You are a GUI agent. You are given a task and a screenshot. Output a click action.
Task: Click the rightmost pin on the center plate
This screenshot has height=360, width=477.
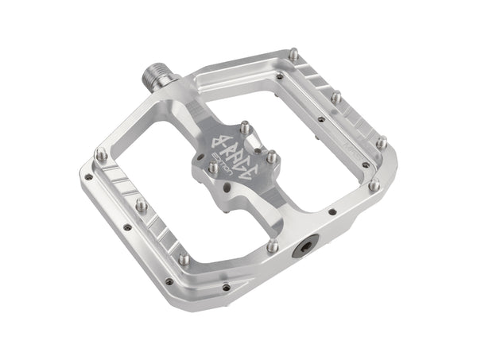[x=271, y=157]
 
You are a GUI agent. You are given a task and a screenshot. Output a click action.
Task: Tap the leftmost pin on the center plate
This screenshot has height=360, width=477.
[x=212, y=168]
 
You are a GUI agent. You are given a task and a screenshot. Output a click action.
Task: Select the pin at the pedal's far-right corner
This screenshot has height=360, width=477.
[x=382, y=141]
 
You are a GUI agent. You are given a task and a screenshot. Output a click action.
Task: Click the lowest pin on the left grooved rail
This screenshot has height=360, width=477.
[x=184, y=258]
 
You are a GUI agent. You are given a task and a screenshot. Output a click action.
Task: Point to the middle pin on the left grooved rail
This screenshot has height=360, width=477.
[x=142, y=205]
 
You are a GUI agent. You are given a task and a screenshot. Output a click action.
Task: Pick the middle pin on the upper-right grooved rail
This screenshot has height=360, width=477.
[x=336, y=97]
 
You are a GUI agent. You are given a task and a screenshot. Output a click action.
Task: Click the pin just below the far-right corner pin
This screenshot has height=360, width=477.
[x=374, y=184]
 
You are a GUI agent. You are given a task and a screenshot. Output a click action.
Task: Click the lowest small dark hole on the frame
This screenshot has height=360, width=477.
[x=226, y=287]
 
